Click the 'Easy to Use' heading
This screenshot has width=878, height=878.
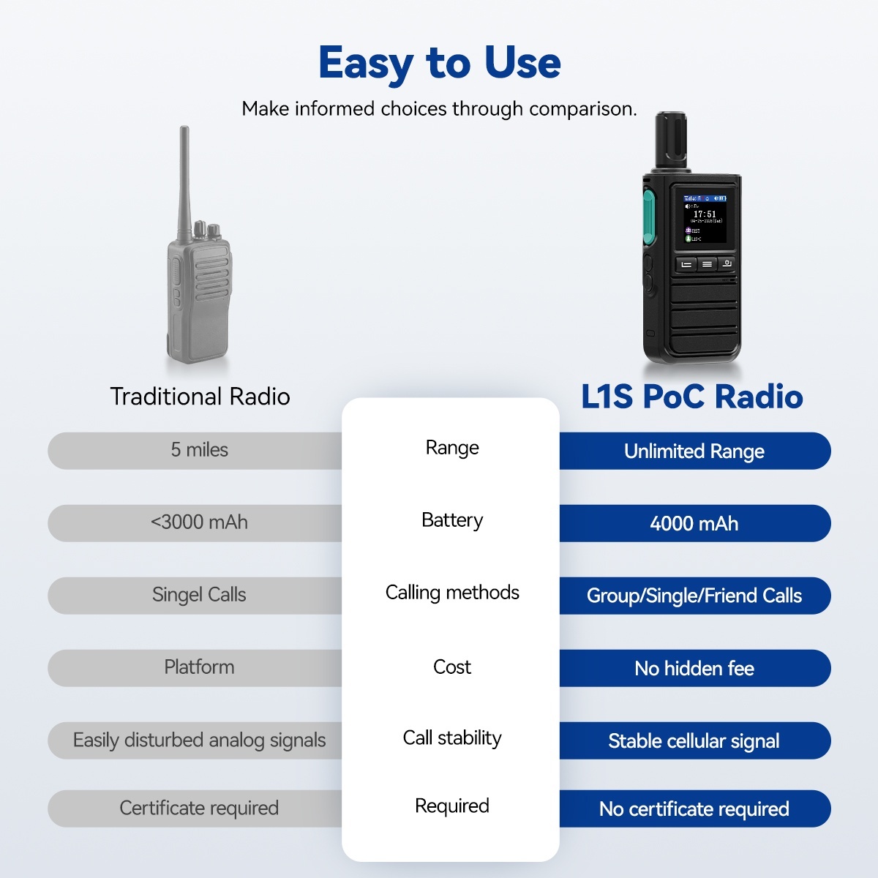click(x=439, y=63)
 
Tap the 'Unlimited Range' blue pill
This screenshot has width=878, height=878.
click(x=695, y=451)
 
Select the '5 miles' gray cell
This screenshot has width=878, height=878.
click(x=195, y=451)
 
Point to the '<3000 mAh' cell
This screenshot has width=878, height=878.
click(x=195, y=522)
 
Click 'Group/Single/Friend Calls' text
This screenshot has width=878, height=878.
click(x=694, y=596)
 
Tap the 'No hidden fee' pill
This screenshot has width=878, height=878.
click(x=695, y=668)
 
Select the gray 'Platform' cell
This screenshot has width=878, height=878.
click(x=195, y=667)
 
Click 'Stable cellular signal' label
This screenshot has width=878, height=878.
click(x=694, y=741)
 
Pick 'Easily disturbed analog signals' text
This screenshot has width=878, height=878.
click(x=200, y=740)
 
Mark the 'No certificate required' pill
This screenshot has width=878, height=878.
click(x=695, y=808)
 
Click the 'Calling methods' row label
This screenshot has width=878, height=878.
click(x=452, y=593)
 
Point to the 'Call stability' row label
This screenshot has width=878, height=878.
click(x=452, y=738)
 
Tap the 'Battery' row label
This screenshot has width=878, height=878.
click(x=452, y=520)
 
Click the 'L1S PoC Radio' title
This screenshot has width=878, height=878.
click(x=692, y=396)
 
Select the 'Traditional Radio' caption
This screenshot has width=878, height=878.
click(x=200, y=397)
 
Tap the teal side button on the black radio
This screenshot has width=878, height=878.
click(x=649, y=217)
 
